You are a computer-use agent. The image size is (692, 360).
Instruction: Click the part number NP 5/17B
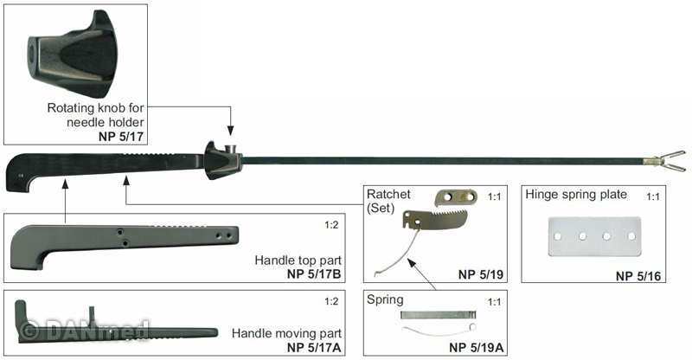click(x=314, y=273)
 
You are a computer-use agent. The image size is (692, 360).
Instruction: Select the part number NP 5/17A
click(x=314, y=348)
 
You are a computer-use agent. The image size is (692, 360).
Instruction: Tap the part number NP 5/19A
click(x=477, y=348)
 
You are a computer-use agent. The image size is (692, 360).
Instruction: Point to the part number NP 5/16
click(x=638, y=276)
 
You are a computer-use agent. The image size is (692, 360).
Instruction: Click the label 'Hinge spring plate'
click(x=576, y=195)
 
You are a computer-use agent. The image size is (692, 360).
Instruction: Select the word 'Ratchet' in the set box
click(x=388, y=194)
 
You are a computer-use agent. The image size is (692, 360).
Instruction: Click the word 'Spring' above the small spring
click(x=385, y=300)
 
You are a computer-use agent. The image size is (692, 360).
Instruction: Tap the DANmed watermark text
click(x=85, y=330)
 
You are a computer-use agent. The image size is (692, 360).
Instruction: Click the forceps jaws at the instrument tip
click(x=670, y=161)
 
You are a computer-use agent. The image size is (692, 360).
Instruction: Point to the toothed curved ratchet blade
click(x=435, y=220)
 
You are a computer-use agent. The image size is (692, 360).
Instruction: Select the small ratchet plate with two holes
click(x=457, y=197)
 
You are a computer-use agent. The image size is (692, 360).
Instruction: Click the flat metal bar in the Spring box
click(x=439, y=315)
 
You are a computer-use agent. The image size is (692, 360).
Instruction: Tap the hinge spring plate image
click(x=594, y=236)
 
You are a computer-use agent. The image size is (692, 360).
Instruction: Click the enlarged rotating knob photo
click(x=73, y=54)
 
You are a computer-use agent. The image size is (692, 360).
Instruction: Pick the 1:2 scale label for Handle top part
click(x=331, y=225)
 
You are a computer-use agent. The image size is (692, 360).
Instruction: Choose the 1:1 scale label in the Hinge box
click(x=653, y=196)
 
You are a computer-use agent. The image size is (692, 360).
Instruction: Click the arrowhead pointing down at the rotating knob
click(x=230, y=131)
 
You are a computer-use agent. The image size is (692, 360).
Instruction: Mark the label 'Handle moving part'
click(x=286, y=333)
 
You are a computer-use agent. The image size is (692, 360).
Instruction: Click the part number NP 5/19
click(x=481, y=274)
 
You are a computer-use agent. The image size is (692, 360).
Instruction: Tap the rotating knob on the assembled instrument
click(x=223, y=160)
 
